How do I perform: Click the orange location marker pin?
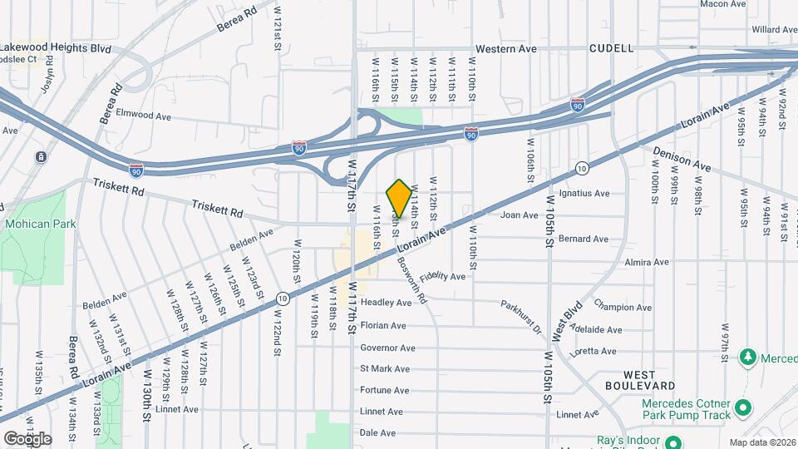(399, 199)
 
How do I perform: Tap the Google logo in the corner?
(27, 438)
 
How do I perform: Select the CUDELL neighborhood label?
(611, 49)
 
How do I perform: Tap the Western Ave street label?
(506, 49)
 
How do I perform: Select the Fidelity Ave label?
(442, 276)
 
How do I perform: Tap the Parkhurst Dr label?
(522, 318)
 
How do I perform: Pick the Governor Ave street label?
(387, 348)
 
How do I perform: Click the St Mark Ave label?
(385, 368)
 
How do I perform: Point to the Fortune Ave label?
(384, 390)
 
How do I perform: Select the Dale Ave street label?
(377, 433)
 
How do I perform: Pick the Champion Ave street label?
(620, 306)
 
